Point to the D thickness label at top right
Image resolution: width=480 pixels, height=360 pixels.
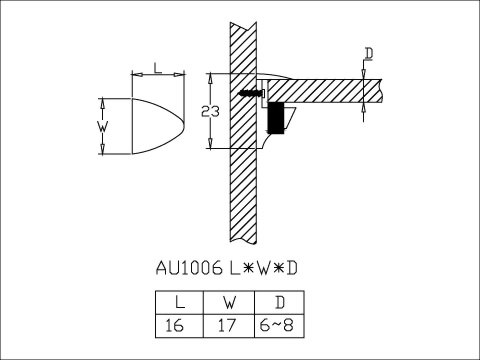pos(369,53)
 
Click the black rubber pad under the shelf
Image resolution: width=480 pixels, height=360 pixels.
pos(275,118)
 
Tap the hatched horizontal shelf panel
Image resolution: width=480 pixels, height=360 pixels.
pos(320,91)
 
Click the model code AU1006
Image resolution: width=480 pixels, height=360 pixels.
pos(191,268)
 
